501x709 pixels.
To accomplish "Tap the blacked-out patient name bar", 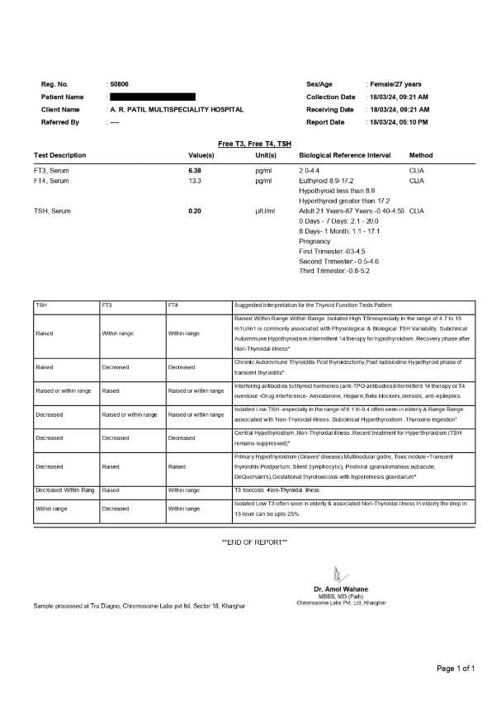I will click(x=152, y=97).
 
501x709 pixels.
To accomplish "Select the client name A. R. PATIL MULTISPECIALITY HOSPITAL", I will click(x=177, y=110).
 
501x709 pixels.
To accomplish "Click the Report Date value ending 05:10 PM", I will click(x=399, y=122).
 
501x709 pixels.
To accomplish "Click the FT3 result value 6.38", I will click(x=197, y=169).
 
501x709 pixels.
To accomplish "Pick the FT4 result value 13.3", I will click(x=196, y=180).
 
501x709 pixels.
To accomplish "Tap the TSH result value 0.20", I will click(x=196, y=211).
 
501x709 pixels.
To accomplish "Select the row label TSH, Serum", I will click(x=52, y=211).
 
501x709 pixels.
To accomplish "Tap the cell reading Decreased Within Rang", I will click(x=65, y=490).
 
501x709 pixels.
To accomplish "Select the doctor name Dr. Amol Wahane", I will click(x=341, y=588).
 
